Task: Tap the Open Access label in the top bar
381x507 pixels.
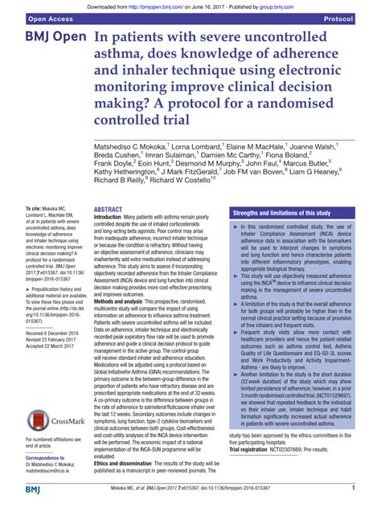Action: [x=31, y=17]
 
